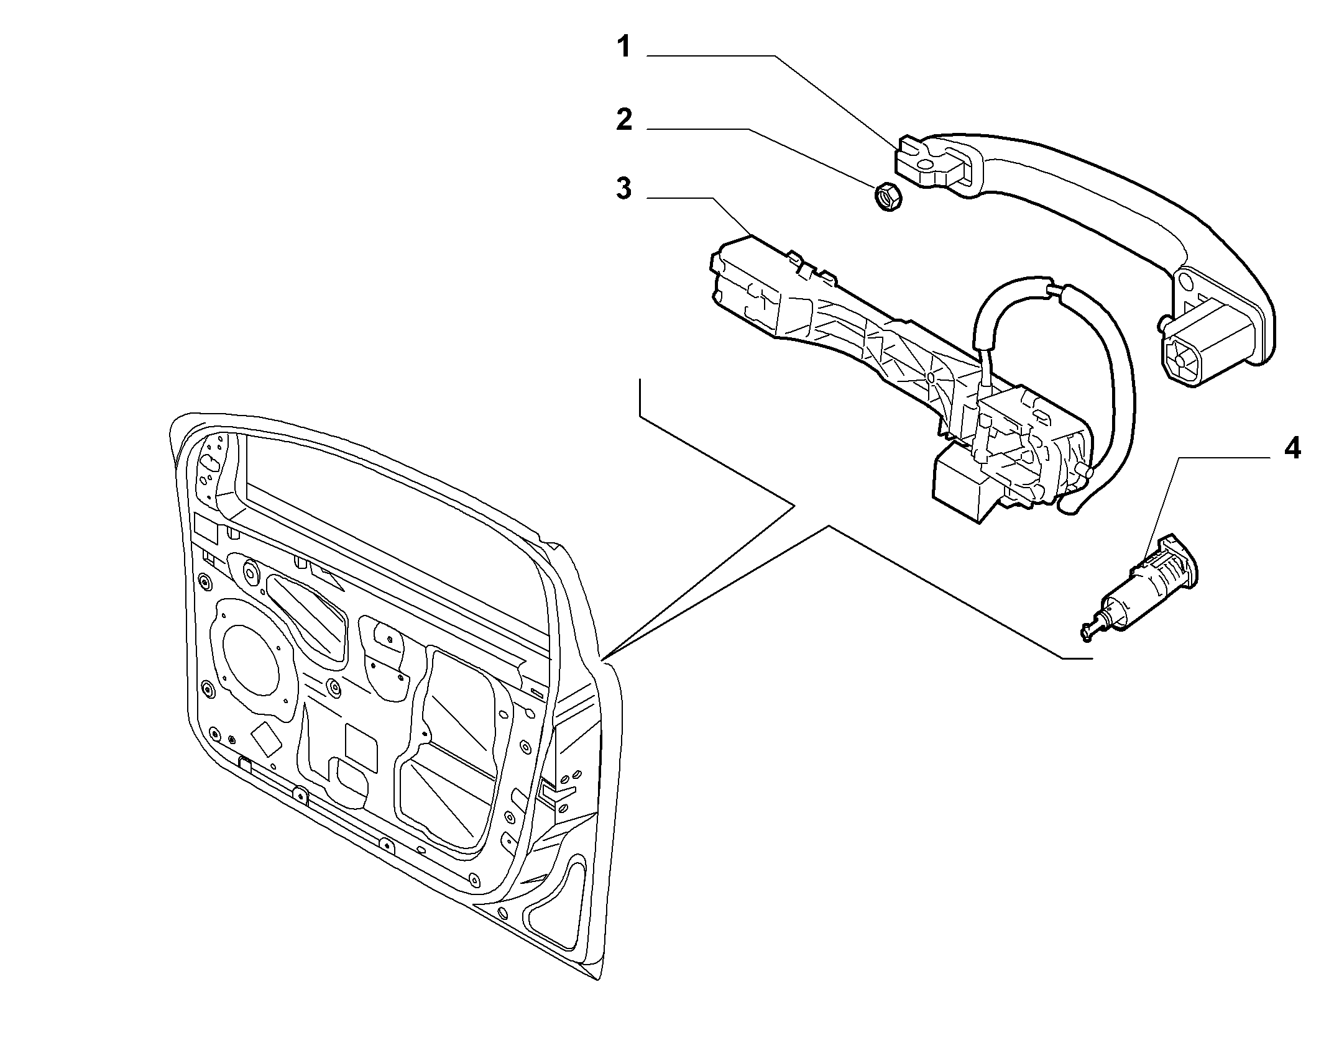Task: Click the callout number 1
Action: tap(624, 47)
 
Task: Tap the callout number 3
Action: tap(624, 188)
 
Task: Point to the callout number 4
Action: tap(1292, 448)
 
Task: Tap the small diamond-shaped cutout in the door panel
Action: tap(264, 739)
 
